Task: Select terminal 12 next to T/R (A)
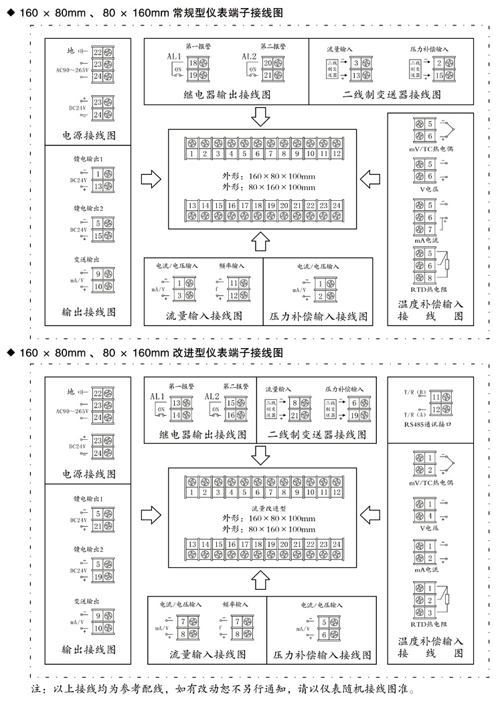point(436,409)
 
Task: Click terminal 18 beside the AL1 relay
point(193,64)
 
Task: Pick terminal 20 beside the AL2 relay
point(268,64)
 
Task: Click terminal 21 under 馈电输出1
point(99,526)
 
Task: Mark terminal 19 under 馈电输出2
point(99,577)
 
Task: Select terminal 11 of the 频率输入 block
point(234,283)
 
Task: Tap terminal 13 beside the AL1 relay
point(177,403)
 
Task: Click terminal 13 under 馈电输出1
point(99,186)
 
